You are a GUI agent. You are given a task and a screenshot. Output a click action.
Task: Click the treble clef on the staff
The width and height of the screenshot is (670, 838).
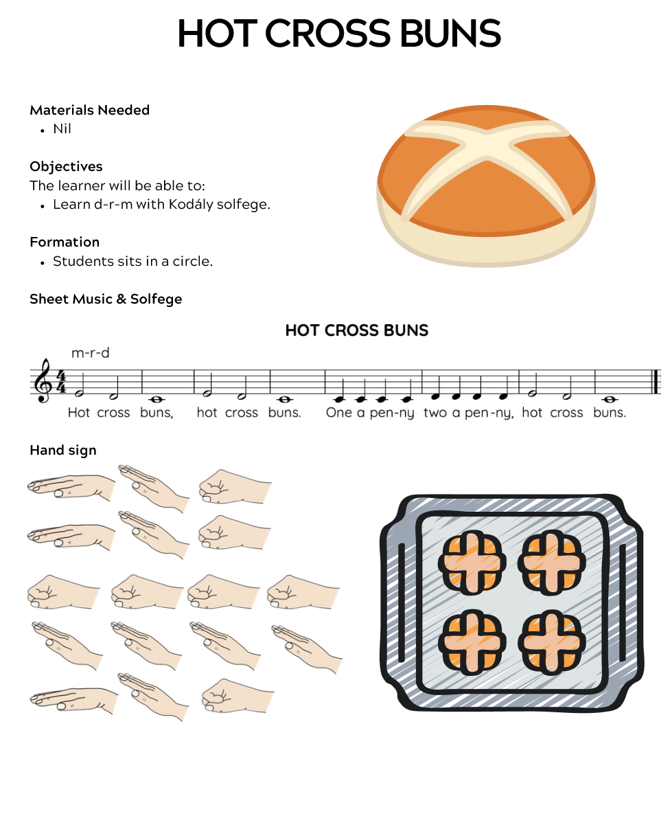pyautogui.click(x=42, y=380)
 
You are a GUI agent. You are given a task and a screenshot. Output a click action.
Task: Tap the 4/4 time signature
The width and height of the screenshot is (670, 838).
pyautogui.click(x=62, y=382)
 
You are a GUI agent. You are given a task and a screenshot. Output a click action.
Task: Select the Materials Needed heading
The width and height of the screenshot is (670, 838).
pyautogui.click(x=89, y=110)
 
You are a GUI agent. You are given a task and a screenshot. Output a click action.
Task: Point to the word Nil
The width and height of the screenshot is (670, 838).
pyautogui.click(x=62, y=129)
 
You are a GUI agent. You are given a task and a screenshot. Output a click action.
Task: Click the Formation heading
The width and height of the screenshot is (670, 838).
pyautogui.click(x=65, y=242)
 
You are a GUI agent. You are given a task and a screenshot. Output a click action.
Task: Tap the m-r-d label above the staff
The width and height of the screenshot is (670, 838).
pyautogui.click(x=91, y=353)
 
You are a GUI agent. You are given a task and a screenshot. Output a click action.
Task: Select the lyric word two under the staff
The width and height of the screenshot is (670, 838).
pyautogui.click(x=435, y=412)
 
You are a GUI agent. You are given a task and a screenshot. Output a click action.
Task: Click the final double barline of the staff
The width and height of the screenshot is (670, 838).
pyautogui.click(x=658, y=382)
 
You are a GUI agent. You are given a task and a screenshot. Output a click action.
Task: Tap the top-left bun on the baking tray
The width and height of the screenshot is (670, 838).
pyautogui.click(x=472, y=562)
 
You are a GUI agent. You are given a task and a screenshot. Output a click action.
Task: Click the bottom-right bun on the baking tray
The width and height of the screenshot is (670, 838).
pyautogui.click(x=552, y=642)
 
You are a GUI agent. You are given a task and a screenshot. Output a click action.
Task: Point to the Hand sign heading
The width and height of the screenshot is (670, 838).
pyautogui.click(x=63, y=450)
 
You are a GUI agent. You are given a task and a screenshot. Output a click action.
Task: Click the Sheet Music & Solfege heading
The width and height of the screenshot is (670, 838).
pyautogui.click(x=106, y=299)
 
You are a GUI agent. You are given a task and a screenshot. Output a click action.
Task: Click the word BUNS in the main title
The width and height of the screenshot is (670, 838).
pyautogui.click(x=450, y=34)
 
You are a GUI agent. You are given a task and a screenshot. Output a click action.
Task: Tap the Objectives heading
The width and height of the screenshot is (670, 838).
pyautogui.click(x=66, y=167)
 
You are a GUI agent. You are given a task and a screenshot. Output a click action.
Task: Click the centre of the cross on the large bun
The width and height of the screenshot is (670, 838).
pyautogui.click(x=487, y=146)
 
